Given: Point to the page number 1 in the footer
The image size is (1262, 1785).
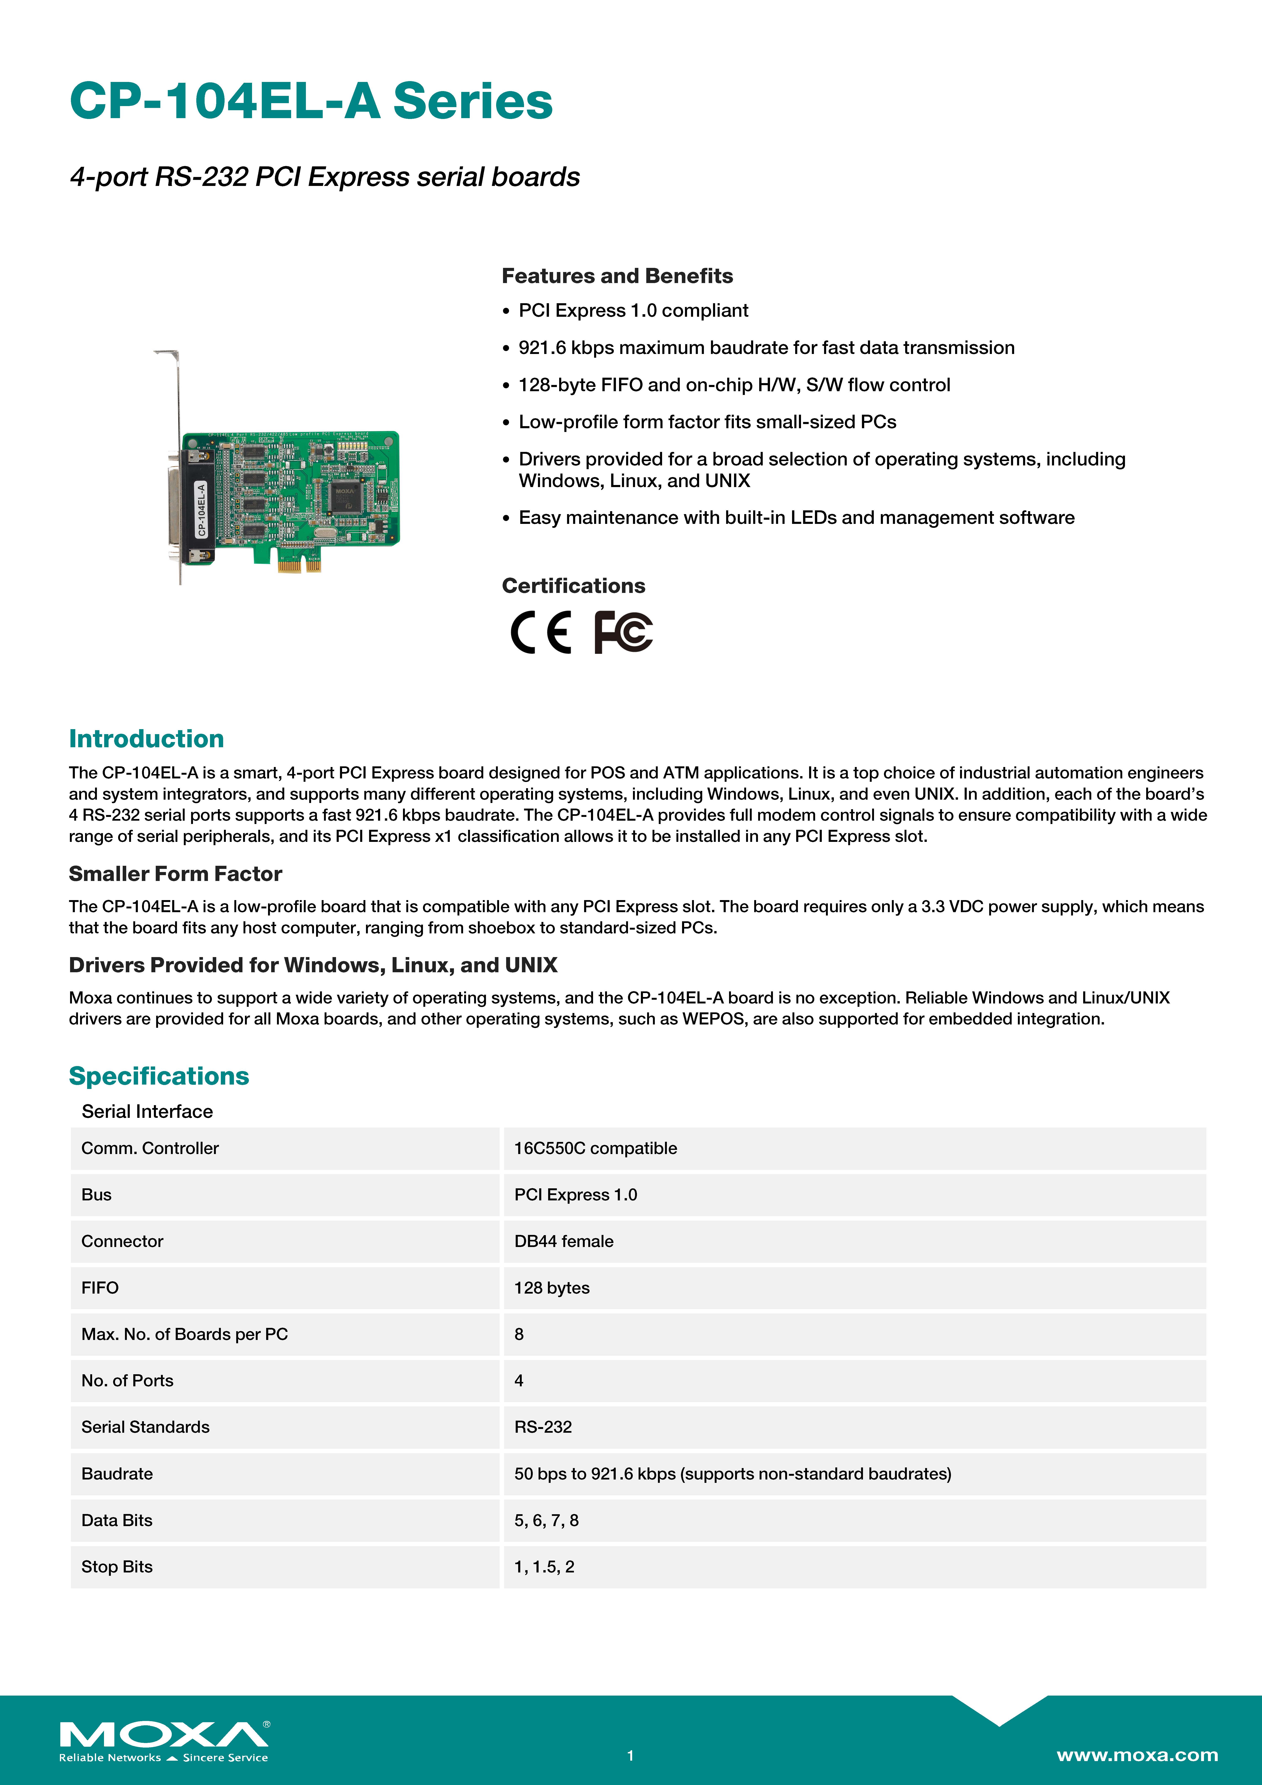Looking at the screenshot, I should (x=631, y=1755).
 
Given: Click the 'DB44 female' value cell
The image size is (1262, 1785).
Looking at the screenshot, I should (x=564, y=1242).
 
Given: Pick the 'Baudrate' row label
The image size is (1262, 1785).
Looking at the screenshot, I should (x=117, y=1474).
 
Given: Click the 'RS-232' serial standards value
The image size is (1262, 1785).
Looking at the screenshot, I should (x=543, y=1427).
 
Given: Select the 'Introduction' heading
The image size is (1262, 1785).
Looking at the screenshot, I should (x=146, y=738).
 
